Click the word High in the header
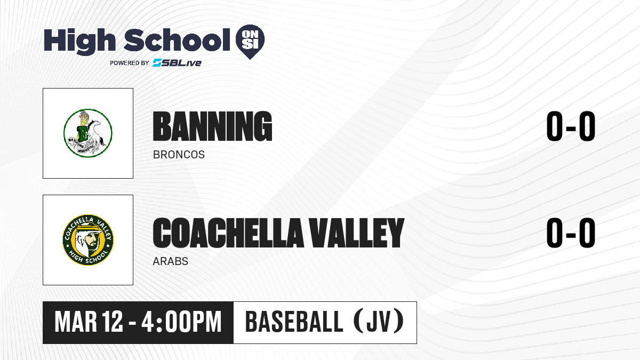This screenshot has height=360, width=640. [79, 41]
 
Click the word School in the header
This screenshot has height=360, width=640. [177, 39]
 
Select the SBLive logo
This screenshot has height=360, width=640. [177, 63]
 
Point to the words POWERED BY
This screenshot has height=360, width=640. [130, 63]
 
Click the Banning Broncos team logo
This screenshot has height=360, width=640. [88, 133]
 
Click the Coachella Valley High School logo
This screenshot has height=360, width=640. [88, 240]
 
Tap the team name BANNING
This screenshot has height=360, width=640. [212, 126]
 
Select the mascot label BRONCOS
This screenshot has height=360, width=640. [179, 155]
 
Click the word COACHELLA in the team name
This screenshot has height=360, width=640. [228, 233]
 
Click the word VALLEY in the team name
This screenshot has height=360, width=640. [357, 233]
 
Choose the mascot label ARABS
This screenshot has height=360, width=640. [171, 261]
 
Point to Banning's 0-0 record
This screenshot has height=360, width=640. [571, 126]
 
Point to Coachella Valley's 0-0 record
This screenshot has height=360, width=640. [571, 233]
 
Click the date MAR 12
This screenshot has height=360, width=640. [89, 322]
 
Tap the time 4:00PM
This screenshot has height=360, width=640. [182, 322]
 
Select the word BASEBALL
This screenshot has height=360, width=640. [294, 322]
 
